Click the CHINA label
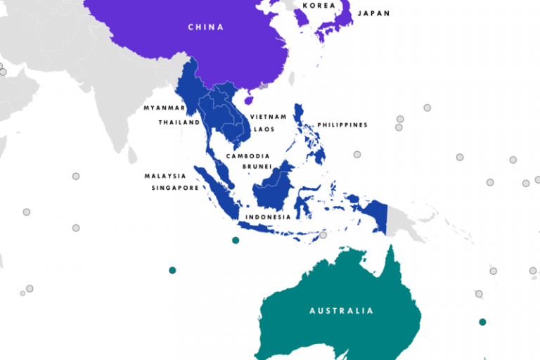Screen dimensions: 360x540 coord(205,27)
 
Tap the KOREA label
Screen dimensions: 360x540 coord(319,6)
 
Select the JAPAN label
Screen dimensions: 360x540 coord(374,13)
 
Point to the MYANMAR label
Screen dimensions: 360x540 coord(164,108)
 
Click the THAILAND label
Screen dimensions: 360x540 coord(179,122)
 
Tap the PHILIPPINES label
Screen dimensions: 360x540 coord(342,125)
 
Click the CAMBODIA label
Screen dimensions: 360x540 coord(247,156)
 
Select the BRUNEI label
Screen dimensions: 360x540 coord(257,167)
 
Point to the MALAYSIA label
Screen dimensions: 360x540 coord(165,176)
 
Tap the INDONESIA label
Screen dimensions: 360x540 coord(268,217)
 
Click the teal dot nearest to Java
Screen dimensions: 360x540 coord(236,240)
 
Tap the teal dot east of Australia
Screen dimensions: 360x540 coord(482,322)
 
